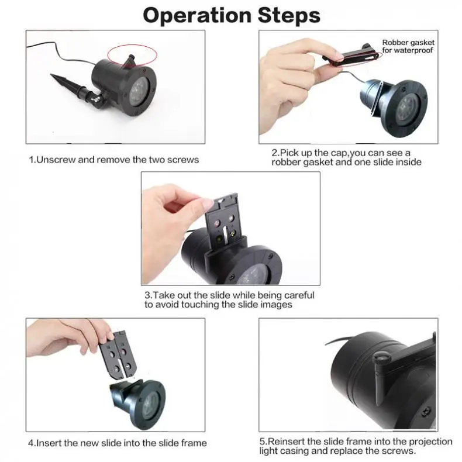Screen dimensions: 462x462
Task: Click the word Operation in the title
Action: pos(197,15)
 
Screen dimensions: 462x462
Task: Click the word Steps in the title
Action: pos(289,15)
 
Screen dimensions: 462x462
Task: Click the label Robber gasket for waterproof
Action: pos(408,46)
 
